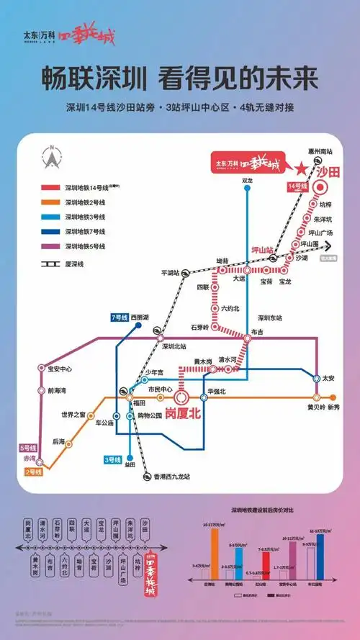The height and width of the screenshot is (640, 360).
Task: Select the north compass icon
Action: [52, 157]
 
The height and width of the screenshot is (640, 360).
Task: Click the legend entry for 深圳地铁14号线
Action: [79, 187]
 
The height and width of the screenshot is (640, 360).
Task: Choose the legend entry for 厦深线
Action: [68, 264]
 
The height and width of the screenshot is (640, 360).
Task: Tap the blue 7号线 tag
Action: [119, 317]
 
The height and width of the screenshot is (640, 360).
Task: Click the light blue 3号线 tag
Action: [112, 459]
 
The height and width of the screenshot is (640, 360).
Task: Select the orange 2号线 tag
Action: [33, 472]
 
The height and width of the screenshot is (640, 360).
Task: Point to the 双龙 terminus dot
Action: [248, 189]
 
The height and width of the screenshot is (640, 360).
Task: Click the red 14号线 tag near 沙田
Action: [297, 186]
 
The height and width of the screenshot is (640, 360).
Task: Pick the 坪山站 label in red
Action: [262, 250]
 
